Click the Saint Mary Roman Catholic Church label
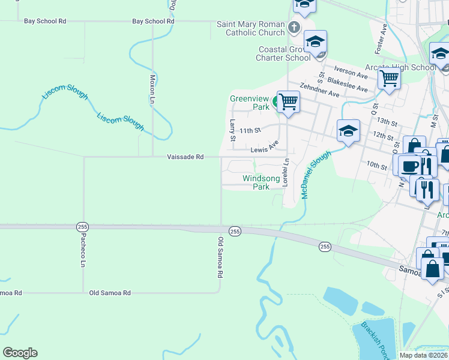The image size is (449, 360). pyautogui.click(x=251, y=28)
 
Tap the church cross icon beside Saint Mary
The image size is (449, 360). pyautogui.click(x=294, y=28)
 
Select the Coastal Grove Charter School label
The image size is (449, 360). pyautogui.click(x=284, y=53)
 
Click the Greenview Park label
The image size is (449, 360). pyautogui.click(x=249, y=103)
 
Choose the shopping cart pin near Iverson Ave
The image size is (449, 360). pyautogui.click(x=390, y=77)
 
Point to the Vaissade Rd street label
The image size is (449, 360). pyautogui.click(x=185, y=157)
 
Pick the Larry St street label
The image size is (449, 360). pyautogui.click(x=232, y=130)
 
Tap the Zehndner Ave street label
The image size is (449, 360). pyautogui.click(x=319, y=91)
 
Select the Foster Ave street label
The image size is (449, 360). pyautogui.click(x=381, y=37)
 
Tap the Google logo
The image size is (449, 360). pyautogui.click(x=20, y=353)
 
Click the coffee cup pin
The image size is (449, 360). pyautogui.click(x=409, y=165)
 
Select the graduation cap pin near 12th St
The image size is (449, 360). pyautogui.click(x=348, y=131)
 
